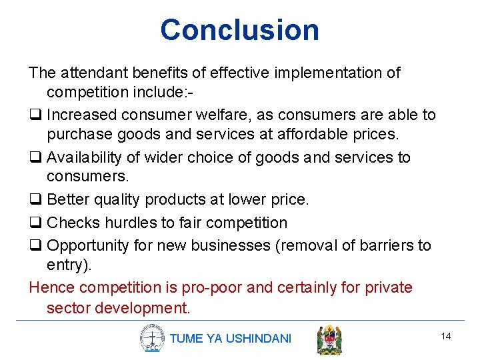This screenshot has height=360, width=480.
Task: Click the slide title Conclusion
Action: coord(239,30)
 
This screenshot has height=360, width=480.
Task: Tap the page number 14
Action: coord(446,336)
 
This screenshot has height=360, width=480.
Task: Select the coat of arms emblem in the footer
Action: coord(329,339)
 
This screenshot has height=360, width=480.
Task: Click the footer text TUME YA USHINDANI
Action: coord(231,339)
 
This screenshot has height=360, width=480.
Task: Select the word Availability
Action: coord(86,157)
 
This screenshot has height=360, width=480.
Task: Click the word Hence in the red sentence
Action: coord(52,288)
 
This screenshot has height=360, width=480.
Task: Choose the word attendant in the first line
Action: coord(91,72)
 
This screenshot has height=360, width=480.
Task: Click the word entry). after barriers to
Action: coord(69,265)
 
